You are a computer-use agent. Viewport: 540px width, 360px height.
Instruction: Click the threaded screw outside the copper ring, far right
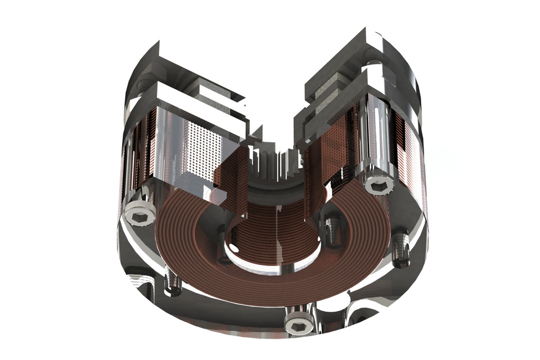point(402,250)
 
